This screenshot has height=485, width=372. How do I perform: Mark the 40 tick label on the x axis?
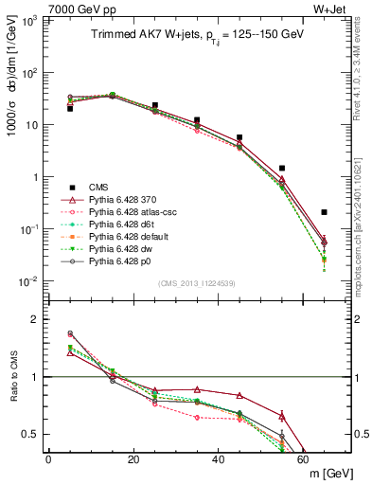click(219, 458)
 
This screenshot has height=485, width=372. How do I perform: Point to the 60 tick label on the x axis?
click(304, 458)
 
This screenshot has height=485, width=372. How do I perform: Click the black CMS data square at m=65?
click(325, 212)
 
